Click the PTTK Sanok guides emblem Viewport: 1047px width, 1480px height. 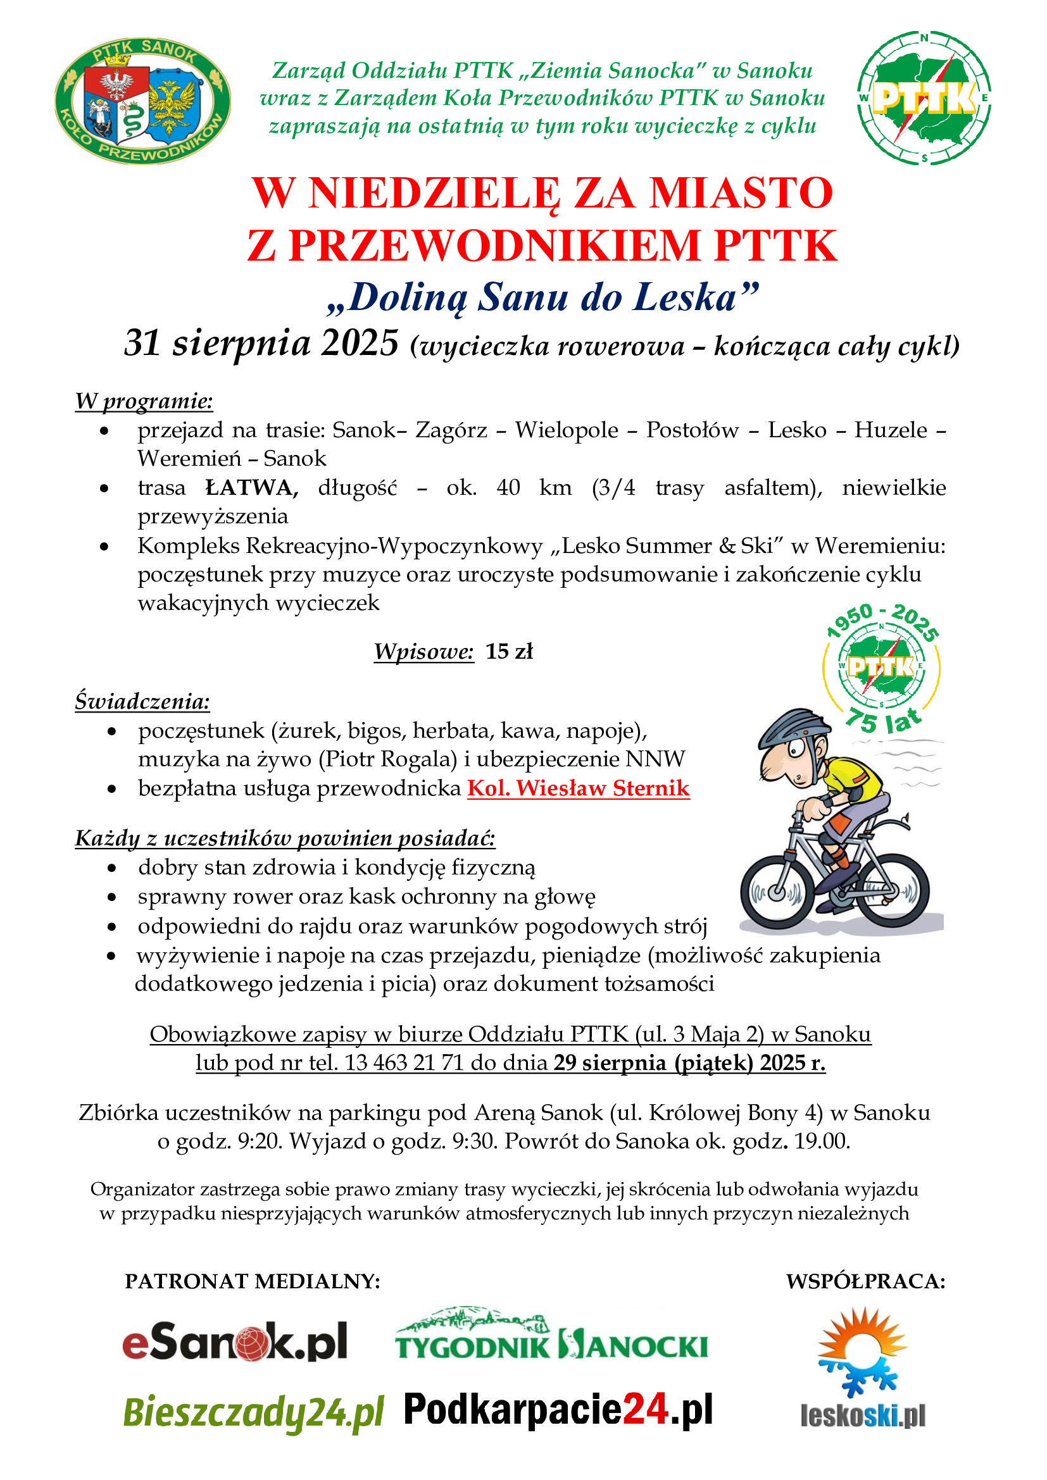click(x=142, y=100)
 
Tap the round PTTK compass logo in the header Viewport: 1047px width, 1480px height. click(x=923, y=98)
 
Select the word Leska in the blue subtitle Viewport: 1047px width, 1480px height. click(x=685, y=298)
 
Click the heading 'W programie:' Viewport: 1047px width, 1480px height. click(x=144, y=401)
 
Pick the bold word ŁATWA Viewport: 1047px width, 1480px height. click(x=251, y=487)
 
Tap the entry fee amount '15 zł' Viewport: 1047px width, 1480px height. click(x=510, y=651)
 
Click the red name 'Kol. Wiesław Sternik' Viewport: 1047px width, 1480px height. click(x=579, y=788)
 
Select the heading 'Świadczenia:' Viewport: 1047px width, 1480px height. click(x=142, y=700)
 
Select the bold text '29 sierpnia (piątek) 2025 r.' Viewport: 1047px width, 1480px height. click(x=689, y=1063)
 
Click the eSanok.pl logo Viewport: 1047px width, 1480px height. click(x=235, y=1342)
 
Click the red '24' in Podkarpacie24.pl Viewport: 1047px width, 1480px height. click(x=644, y=1409)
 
